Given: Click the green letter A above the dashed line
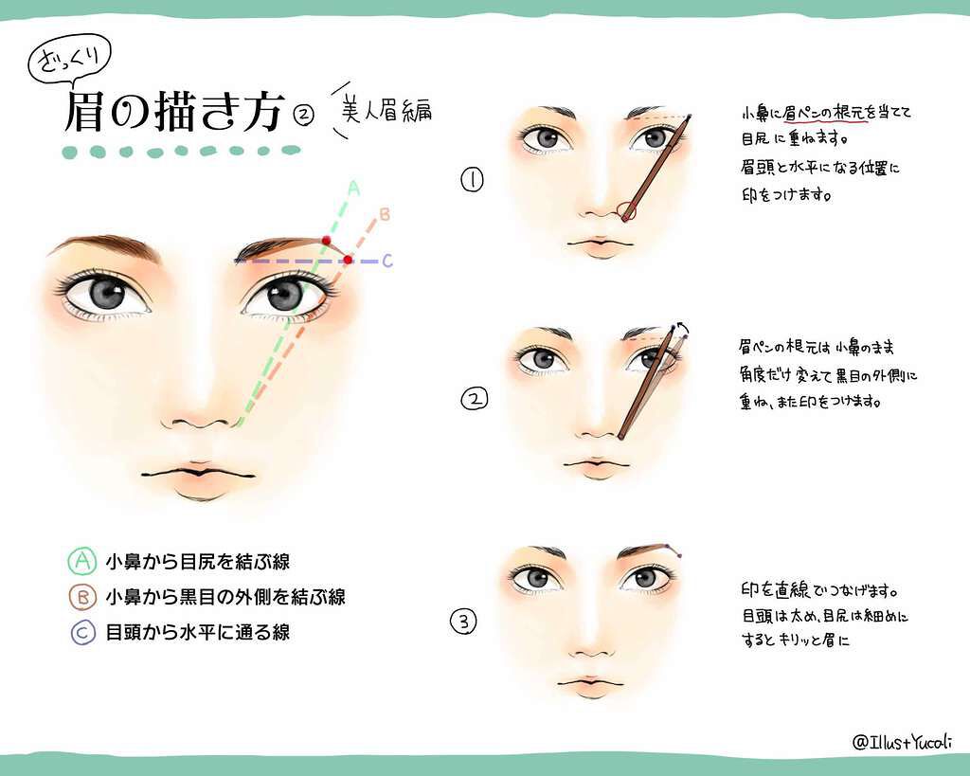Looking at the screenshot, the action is click(353, 188).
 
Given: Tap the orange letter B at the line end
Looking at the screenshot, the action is click(385, 214).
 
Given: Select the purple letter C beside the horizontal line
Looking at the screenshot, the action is click(387, 261).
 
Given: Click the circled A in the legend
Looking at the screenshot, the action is click(81, 561).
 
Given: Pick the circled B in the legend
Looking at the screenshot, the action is click(82, 597).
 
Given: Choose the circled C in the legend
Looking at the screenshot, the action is click(82, 632).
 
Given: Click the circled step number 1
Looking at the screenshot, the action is click(472, 179).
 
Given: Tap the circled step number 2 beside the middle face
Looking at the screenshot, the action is click(475, 399).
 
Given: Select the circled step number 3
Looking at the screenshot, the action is click(464, 621).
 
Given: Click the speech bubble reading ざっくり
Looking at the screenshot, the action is click(69, 61).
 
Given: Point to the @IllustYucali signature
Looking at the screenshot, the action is click(902, 741).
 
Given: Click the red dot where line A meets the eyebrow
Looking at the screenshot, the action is click(326, 240).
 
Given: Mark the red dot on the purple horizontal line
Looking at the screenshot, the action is click(349, 260).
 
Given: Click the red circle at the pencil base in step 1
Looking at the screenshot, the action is click(627, 211).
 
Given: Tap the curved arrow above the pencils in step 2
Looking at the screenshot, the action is click(683, 328).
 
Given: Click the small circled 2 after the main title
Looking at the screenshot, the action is click(304, 115).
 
